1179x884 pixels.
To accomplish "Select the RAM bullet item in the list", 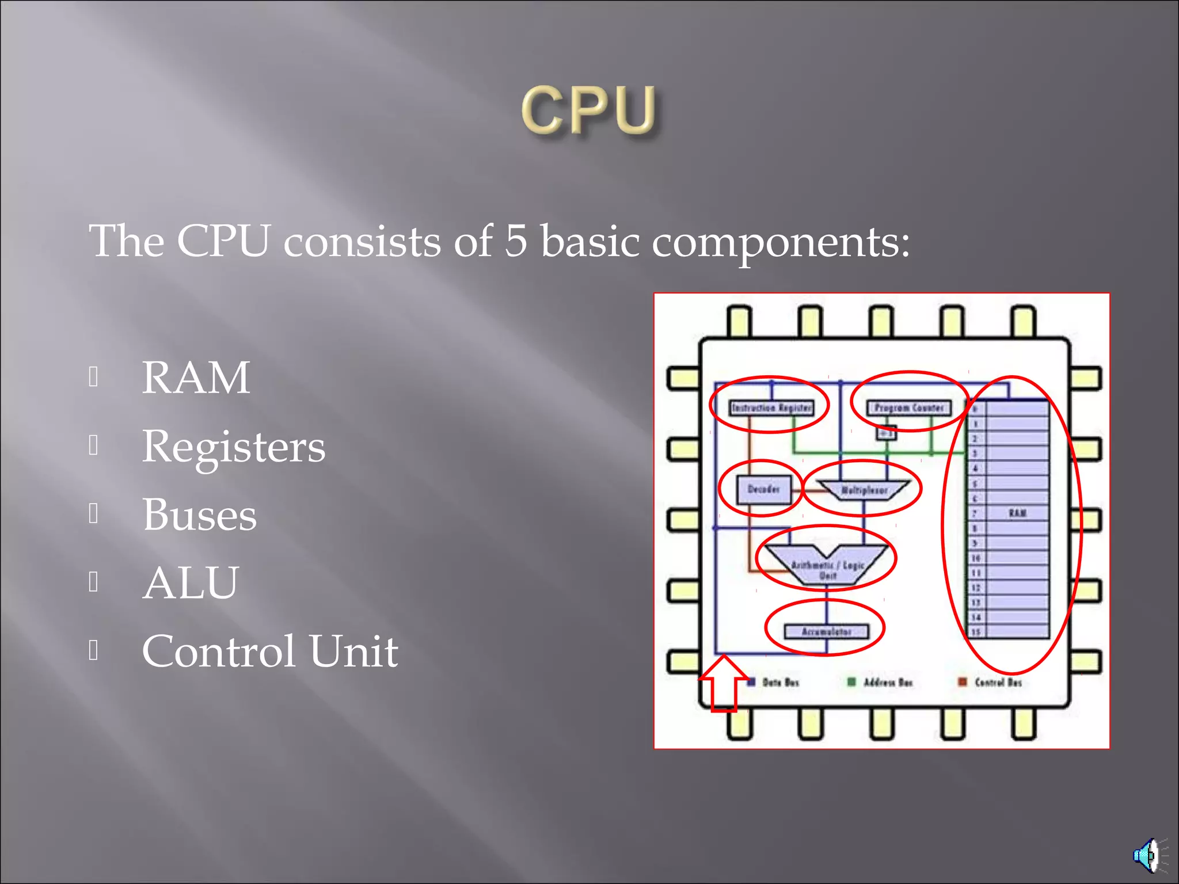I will [196, 378].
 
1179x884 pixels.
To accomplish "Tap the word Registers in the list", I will [233, 447].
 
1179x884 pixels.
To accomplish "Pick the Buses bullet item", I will [199, 515].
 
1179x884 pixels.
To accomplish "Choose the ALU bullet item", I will [190, 582].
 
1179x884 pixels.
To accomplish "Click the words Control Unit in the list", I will [269, 651].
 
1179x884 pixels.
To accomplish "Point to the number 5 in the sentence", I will [516, 241].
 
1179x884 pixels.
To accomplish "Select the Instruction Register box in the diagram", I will [771, 407].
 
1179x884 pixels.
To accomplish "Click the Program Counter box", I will [909, 407].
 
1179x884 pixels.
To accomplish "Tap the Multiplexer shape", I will [864, 490].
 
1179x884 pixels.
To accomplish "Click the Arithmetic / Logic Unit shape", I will [827, 567].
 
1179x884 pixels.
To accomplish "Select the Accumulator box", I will [826, 631].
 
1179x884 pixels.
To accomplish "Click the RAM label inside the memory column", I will [1017, 513].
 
